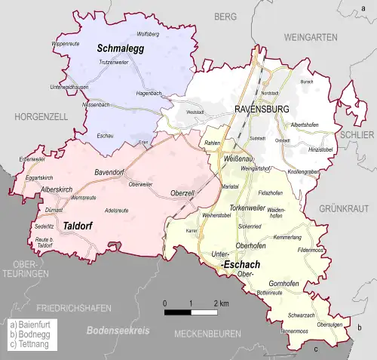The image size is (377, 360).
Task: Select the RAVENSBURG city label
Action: [263, 109]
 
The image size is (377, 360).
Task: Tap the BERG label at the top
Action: [224, 16]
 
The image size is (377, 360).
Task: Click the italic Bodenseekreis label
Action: [118, 331]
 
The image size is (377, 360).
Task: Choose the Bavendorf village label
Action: [109, 172]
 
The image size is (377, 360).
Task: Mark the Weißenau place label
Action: [239, 161]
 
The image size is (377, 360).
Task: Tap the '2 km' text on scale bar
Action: [221, 303]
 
